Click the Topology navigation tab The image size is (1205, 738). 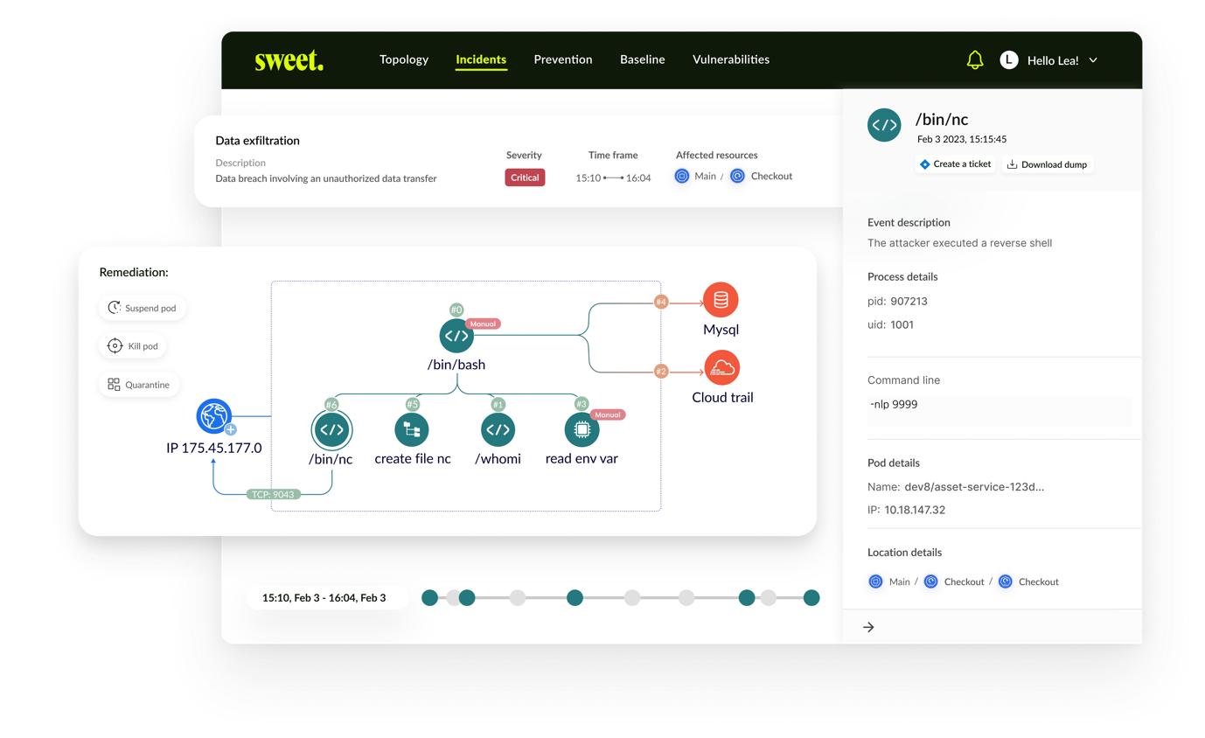pyautogui.click(x=403, y=59)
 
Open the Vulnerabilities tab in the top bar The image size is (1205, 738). pyautogui.click(x=730, y=59)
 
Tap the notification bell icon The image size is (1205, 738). pyautogui.click(x=975, y=59)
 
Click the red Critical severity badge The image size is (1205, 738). pyautogui.click(x=525, y=178)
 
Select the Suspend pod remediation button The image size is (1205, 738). pyautogui.click(x=143, y=308)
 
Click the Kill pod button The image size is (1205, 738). pyautogui.click(x=133, y=346)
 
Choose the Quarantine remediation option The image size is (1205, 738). pyautogui.click(x=139, y=385)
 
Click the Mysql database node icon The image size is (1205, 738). pyautogui.click(x=721, y=300)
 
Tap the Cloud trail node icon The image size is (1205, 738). pyautogui.click(x=722, y=368)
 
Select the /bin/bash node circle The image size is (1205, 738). pyautogui.click(x=456, y=336)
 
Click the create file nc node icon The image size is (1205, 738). pyautogui.click(x=412, y=430)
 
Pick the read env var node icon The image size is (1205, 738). pyautogui.click(x=582, y=430)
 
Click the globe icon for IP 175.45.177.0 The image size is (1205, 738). pyautogui.click(x=213, y=416)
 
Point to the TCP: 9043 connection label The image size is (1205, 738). pyautogui.click(x=273, y=494)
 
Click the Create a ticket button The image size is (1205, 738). pyautogui.click(x=956, y=164)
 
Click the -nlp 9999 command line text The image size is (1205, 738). pyautogui.click(x=894, y=405)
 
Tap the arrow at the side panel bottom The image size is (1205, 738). pyautogui.click(x=868, y=627)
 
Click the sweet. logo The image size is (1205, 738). pyautogui.click(x=289, y=60)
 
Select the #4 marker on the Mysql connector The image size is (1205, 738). pyautogui.click(x=661, y=303)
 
